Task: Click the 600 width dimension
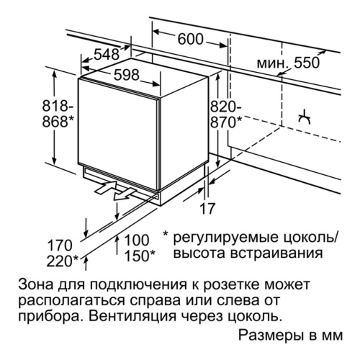click(190, 39)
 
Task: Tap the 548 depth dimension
click(107, 54)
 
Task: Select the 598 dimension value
click(127, 75)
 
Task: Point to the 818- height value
click(58, 106)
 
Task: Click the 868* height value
click(58, 122)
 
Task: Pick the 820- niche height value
click(226, 107)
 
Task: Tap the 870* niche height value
click(226, 122)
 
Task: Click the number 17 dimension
click(207, 208)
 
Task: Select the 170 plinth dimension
click(60, 246)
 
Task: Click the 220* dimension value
click(62, 261)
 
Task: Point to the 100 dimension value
click(137, 240)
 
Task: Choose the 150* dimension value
click(140, 256)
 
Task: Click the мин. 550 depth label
click(288, 63)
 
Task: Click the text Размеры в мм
click(290, 335)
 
